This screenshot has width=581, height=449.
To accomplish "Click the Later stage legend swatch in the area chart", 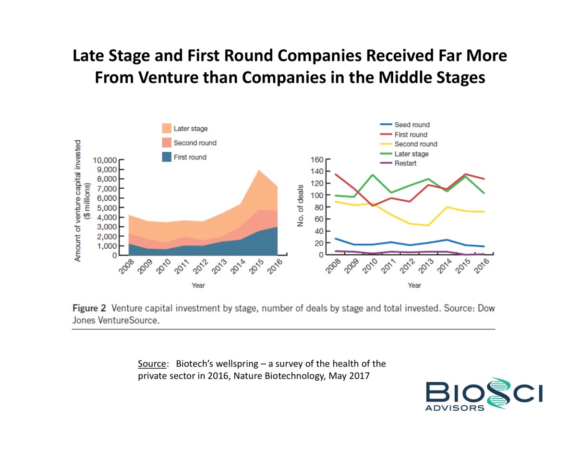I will click(x=166, y=128).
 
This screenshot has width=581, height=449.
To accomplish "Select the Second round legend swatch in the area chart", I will click(x=166, y=143).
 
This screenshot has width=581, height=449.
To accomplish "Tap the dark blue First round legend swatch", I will click(x=166, y=157).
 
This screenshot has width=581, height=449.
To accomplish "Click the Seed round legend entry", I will click(x=412, y=125).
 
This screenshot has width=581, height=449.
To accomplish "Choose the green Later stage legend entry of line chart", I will click(x=411, y=154).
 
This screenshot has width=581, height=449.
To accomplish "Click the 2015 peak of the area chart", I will click(x=259, y=170).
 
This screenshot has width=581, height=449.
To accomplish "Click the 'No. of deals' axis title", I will click(x=301, y=207).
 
